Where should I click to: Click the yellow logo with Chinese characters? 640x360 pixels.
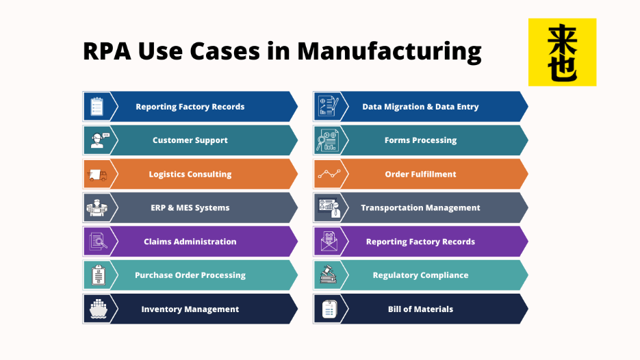(562, 52)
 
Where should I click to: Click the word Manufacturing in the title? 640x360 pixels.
(389, 51)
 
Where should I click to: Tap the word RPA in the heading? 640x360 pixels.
(107, 51)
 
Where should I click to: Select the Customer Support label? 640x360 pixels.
(190, 140)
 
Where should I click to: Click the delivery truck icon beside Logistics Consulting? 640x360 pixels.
(97, 175)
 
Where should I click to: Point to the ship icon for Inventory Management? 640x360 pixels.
(98, 309)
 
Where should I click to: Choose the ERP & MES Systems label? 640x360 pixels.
(190, 208)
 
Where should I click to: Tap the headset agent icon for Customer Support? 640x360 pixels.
(99, 140)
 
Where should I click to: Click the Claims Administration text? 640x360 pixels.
(190, 242)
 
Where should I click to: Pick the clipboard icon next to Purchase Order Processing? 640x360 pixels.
(99, 275)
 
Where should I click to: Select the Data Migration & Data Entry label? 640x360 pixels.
(420, 107)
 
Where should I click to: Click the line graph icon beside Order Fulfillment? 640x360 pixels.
(329, 175)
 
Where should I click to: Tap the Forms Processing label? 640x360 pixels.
(420, 140)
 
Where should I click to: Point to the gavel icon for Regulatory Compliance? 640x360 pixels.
(328, 274)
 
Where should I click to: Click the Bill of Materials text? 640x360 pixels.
(420, 309)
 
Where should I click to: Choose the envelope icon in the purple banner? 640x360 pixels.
(329, 241)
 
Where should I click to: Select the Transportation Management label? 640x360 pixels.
(420, 208)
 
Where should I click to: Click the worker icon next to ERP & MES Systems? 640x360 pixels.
(97, 208)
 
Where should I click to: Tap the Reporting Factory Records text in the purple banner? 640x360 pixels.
(420, 242)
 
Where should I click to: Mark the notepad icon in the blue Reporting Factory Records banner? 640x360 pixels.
(97, 107)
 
